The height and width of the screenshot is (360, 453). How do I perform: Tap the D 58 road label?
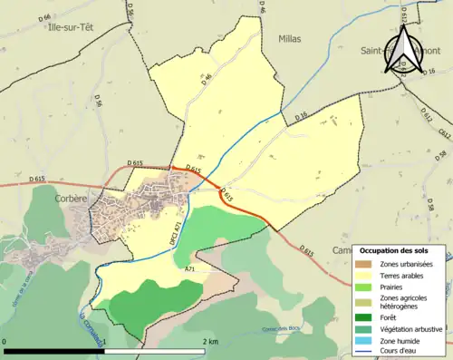pyautogui.click(x=442, y=209)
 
